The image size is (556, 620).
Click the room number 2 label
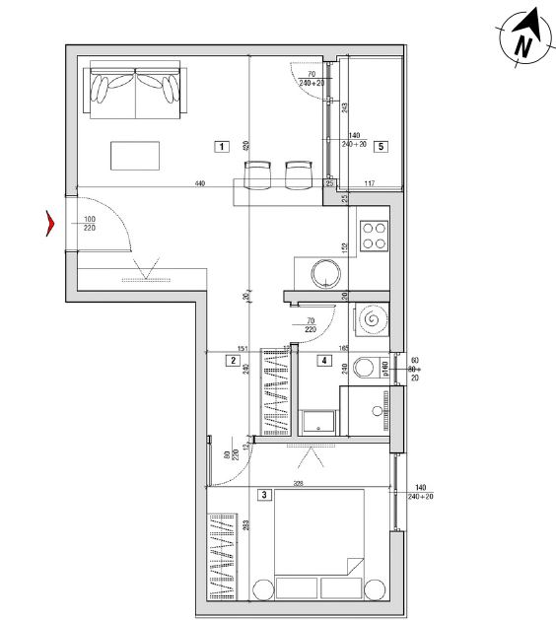click(x=232, y=361)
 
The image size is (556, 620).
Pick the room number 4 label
click(x=322, y=361)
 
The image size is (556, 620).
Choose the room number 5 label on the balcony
click(x=382, y=147)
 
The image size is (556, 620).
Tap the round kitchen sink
click(x=324, y=274)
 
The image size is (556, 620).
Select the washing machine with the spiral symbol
click(x=374, y=320)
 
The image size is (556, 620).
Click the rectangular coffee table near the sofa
click(x=135, y=156)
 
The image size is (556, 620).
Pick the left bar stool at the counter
click(x=257, y=174)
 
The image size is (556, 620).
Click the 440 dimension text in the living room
click(x=199, y=183)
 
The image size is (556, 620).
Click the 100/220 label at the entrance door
click(x=90, y=224)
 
